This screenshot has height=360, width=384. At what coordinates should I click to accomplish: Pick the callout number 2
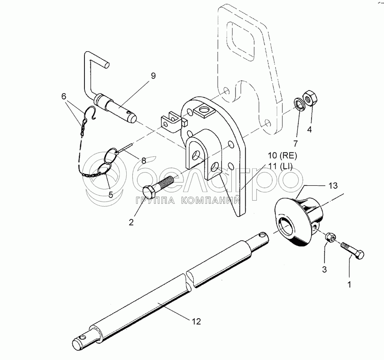coord(131,222)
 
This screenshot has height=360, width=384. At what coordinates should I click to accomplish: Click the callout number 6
coord(64,97)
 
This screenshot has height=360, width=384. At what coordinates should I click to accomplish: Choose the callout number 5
coord(111,195)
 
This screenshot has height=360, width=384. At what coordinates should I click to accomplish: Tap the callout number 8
coord(143,161)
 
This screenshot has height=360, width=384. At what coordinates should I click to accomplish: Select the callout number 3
coord(324,269)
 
